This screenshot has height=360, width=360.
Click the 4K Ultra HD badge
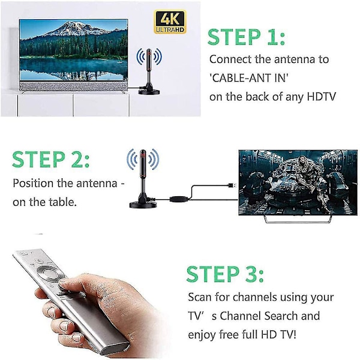[x=170, y=22]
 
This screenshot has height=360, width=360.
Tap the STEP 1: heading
[x=246, y=37]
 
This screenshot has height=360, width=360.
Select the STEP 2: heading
[x=51, y=159]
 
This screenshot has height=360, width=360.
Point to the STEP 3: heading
[x=225, y=274]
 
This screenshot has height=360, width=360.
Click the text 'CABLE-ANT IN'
[x=249, y=78]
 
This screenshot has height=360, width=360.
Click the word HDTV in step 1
[x=322, y=97]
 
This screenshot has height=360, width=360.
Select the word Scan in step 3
[x=200, y=297]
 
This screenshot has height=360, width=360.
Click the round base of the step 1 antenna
[x=149, y=92]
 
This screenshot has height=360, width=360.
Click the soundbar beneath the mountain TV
[x=73, y=87]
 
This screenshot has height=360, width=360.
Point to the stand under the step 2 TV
[x=298, y=219]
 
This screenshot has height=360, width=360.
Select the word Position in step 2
[x=33, y=183]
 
